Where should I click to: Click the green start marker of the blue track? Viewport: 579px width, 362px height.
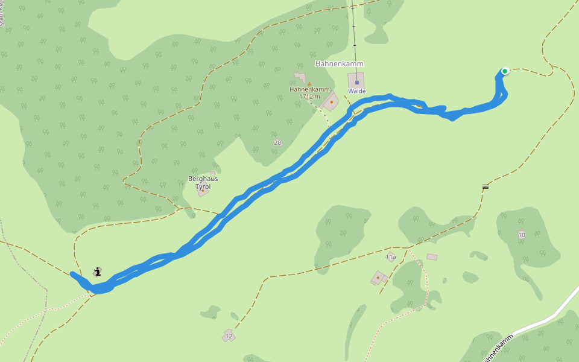(505, 71)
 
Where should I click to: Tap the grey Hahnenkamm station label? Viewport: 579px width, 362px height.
(340, 63)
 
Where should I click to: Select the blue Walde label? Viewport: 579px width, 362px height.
(356, 91)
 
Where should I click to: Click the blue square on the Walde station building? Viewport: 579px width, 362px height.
(356, 82)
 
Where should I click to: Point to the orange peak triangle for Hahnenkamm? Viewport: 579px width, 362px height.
(309, 84)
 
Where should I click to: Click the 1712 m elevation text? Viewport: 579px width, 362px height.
(309, 97)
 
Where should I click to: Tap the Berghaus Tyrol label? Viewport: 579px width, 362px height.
(203, 183)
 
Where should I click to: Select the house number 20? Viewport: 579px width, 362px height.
(277, 142)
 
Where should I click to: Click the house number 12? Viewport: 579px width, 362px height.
(229, 336)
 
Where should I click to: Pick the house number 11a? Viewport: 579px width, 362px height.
(391, 257)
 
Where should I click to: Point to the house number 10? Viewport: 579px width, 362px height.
(522, 235)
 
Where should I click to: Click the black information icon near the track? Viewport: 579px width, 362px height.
(97, 272)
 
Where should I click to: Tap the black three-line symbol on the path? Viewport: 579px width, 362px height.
(486, 187)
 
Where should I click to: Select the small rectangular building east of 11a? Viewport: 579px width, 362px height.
(432, 257)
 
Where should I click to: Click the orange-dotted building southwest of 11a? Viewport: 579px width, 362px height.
(378, 278)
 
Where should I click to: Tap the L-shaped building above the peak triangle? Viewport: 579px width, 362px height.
(300, 77)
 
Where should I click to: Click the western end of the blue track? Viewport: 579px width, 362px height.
(72, 274)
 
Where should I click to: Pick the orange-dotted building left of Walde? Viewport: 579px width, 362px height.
(331, 101)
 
